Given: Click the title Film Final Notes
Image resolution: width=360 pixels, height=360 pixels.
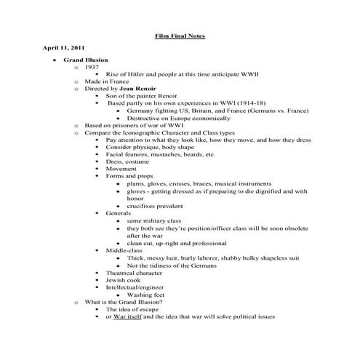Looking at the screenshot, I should tap(180, 34).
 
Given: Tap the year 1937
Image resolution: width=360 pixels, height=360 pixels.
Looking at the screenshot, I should tap(92, 67).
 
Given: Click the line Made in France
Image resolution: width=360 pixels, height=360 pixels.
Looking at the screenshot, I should tap(107, 81).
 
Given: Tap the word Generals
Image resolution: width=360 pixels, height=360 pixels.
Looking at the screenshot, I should tap(119, 214).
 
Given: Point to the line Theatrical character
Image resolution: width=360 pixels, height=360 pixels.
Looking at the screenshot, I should tap(140, 273).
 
